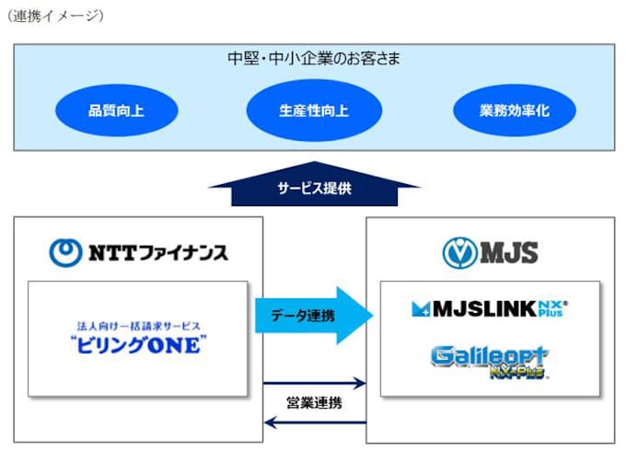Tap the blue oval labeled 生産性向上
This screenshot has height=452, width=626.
coord(314,112)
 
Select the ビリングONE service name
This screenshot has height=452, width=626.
coord(139,343)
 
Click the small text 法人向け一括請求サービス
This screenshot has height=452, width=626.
coord(139,325)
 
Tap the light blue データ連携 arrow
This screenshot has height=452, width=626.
coord(313,315)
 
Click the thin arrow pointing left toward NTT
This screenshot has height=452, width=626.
coord(314,423)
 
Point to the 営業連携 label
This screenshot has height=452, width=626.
coord(314,402)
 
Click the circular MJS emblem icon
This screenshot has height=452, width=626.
coord(458,251)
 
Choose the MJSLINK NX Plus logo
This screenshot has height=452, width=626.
coord(490,308)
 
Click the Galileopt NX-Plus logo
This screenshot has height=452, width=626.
coord(490,359)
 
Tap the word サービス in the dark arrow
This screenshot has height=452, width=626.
coord(296,189)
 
